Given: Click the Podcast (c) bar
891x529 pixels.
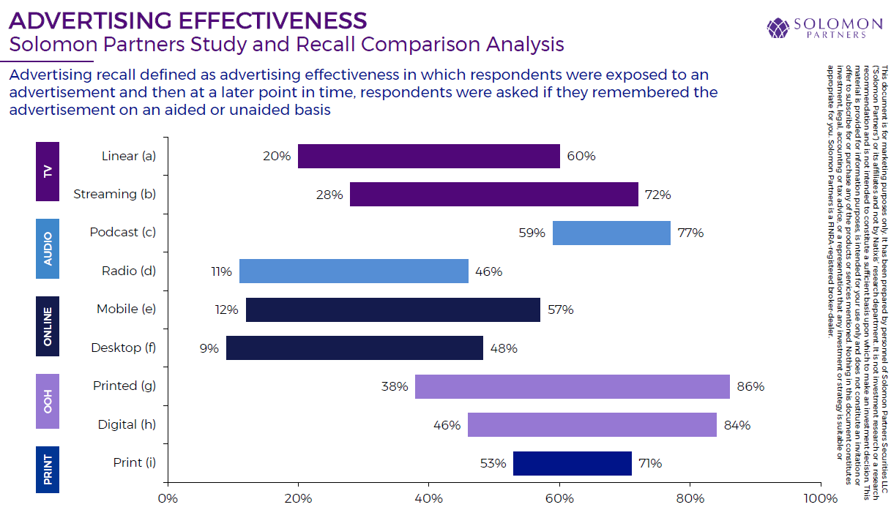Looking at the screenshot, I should [x=611, y=233].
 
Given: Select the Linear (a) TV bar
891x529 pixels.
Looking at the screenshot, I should [x=428, y=156].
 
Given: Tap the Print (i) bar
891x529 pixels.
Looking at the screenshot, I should [x=572, y=463].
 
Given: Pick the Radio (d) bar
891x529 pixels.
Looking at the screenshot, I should [x=354, y=271].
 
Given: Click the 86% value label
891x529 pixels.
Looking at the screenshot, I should [x=750, y=386].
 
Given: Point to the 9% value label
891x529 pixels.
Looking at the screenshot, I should [x=209, y=348].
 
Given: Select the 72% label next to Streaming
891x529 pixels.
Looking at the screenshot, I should [x=657, y=195].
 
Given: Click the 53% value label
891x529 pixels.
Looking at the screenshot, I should [x=493, y=463].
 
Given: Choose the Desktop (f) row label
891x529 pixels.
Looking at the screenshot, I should [x=124, y=348].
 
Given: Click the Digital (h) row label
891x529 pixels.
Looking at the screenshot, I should [x=127, y=424].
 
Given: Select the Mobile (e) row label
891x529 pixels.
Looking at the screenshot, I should [x=127, y=309].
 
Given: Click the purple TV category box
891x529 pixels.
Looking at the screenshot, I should [x=48, y=171].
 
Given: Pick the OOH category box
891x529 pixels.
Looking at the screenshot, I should [x=48, y=401].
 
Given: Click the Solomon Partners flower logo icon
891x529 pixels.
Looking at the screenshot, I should [x=778, y=29].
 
